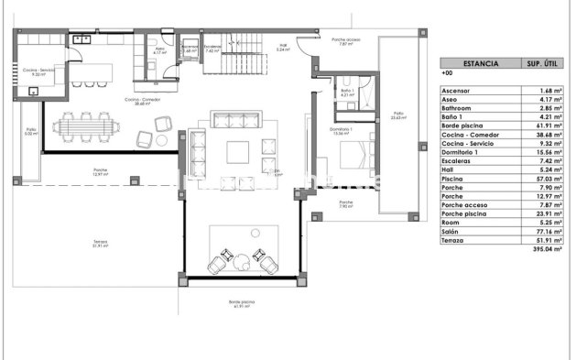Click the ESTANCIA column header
[481, 65]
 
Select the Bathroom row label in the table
[457, 107]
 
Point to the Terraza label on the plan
[100, 243]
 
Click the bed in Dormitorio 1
[353, 152]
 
